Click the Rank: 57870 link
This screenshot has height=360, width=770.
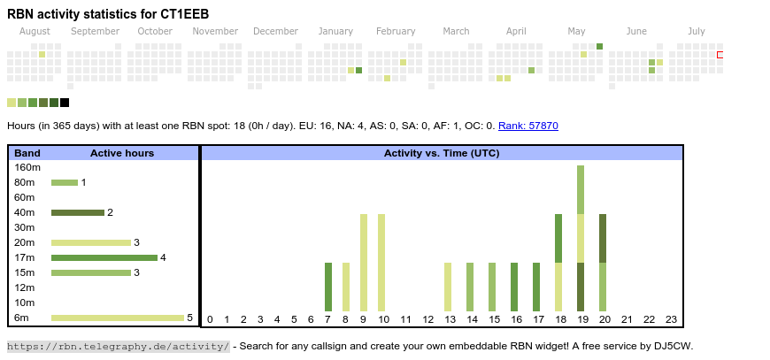point(527,126)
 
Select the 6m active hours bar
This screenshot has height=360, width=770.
point(118,318)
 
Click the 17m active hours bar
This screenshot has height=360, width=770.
point(104,257)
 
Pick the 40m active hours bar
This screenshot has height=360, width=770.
point(78,212)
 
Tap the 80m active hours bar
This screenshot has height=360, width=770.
point(65,182)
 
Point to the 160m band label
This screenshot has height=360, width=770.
point(27,167)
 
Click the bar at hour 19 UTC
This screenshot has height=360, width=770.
point(581,238)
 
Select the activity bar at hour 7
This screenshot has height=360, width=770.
point(328,287)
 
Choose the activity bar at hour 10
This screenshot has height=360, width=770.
point(381,262)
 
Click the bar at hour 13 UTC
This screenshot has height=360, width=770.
point(448,287)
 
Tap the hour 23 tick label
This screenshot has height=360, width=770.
point(671,319)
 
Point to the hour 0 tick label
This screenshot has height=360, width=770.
point(210,319)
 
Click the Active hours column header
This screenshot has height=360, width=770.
point(122,153)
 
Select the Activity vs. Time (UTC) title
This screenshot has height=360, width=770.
point(441,153)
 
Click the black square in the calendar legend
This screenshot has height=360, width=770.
point(65,103)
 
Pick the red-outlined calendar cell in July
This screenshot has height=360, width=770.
point(720,55)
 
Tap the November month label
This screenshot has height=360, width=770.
point(215,31)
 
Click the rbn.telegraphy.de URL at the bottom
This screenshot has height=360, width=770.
point(119,346)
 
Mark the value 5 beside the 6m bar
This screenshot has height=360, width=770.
point(190,318)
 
